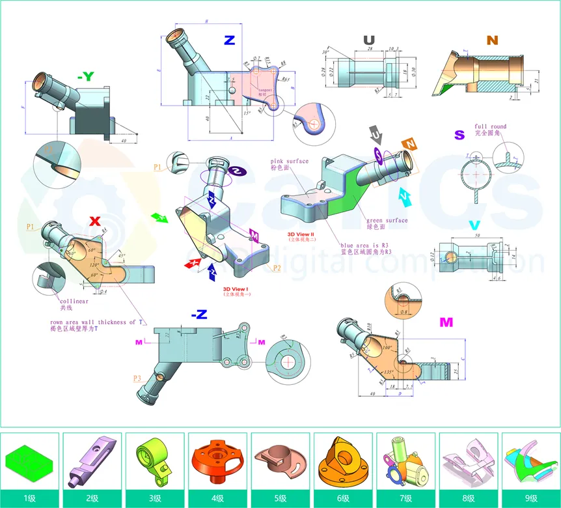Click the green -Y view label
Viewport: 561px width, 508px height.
click(x=85, y=77)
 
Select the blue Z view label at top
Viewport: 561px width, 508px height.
click(x=229, y=40)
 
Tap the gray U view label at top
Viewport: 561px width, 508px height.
click(x=369, y=40)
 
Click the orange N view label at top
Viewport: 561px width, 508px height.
click(x=492, y=40)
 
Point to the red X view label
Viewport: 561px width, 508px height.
click(x=95, y=221)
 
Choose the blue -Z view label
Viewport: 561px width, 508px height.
click(x=199, y=315)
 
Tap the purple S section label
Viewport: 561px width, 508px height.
click(x=459, y=135)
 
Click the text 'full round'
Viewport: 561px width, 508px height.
click(x=490, y=127)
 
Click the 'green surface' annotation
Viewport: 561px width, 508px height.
click(x=387, y=220)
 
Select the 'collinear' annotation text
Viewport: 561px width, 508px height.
click(x=73, y=301)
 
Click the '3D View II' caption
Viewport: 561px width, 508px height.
click(x=301, y=233)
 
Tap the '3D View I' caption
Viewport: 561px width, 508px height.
click(x=236, y=289)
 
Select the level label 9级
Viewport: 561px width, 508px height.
click(x=530, y=498)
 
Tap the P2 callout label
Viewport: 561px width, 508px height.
click(x=277, y=268)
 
